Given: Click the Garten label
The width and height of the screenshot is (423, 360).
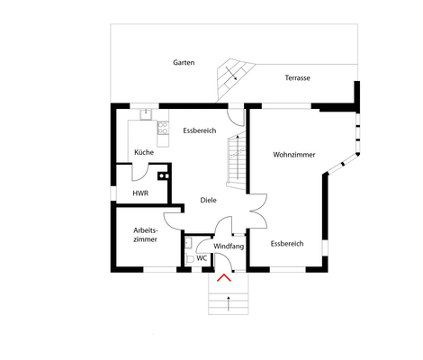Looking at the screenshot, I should pos(184,63).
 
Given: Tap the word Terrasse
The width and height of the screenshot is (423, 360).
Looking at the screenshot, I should pos(297,78).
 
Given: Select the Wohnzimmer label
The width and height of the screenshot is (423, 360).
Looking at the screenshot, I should pos(294,155).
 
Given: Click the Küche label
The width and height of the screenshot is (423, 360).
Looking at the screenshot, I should pos(144,152).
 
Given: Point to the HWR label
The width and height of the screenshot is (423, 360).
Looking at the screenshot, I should pos(139,193).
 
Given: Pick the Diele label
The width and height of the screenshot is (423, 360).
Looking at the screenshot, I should pos(208,201).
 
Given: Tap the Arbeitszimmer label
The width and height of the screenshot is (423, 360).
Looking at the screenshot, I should pos(145,234).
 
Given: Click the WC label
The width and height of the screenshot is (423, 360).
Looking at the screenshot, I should pos(202,257).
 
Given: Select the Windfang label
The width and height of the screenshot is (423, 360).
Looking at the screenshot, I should pos(229,246).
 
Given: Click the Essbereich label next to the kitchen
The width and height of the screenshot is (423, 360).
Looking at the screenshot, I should pos(199,130).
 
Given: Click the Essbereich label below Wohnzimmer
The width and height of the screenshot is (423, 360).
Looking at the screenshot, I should pos(287,243).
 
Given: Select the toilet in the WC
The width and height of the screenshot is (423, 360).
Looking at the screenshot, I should pos(188,257).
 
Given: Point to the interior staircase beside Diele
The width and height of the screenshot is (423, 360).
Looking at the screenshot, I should pos(236,158).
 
